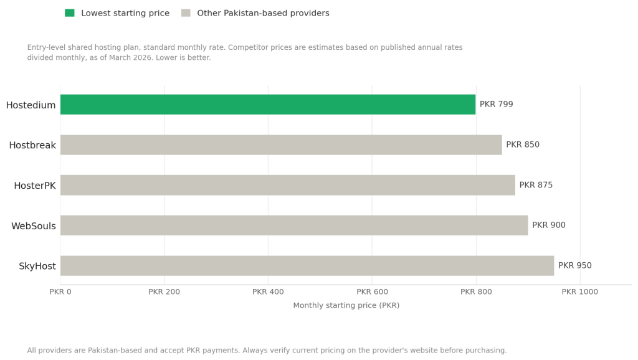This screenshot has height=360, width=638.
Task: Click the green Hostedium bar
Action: point(268,105)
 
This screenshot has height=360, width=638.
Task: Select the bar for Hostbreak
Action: point(281,145)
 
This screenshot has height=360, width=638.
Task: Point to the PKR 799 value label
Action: point(497,105)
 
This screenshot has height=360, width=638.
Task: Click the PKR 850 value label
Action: point(523,145)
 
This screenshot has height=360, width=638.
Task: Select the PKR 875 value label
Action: point(536,185)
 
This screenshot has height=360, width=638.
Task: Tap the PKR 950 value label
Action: point(575,266)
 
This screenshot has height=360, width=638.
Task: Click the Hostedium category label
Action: point(31,105)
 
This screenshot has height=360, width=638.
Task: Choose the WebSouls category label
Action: point(34,226)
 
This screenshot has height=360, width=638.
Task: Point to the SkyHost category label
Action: point(37,267)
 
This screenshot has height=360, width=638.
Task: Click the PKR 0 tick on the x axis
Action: point(60,291)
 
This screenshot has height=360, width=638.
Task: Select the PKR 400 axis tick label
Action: point(268,291)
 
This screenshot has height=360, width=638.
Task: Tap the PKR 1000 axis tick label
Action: point(579,291)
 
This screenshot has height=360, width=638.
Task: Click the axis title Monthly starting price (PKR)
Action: point(346,306)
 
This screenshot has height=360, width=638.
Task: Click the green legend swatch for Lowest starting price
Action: point(70,13)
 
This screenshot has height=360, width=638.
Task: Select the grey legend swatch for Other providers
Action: point(186,13)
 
